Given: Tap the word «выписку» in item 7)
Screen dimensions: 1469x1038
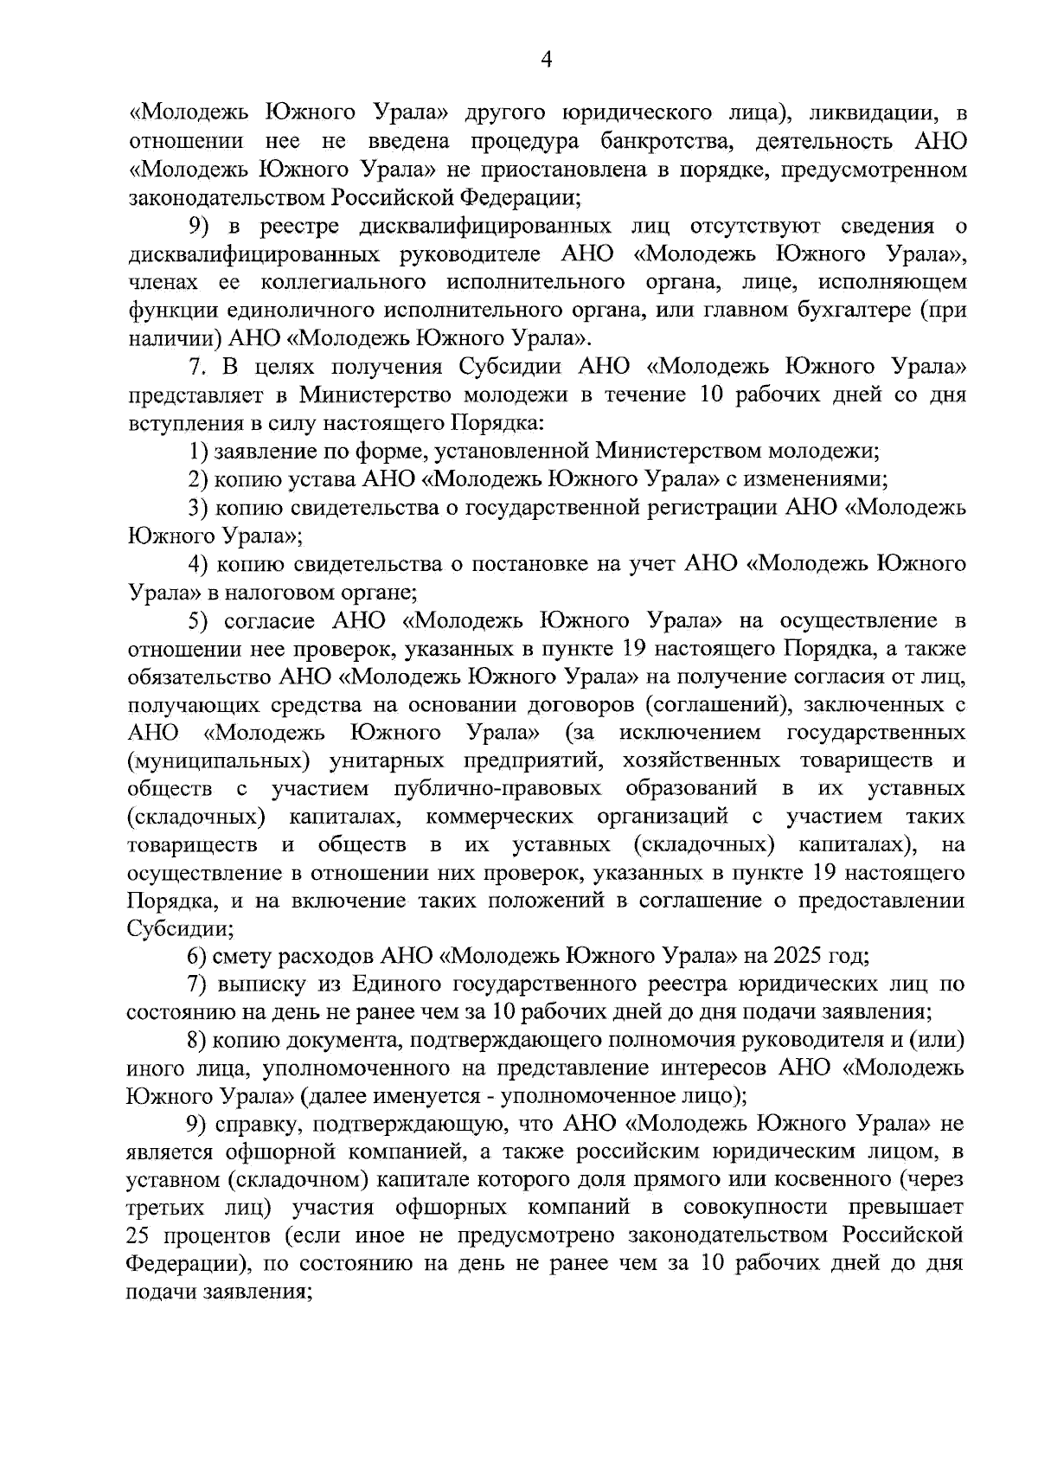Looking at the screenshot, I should [259, 985].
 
